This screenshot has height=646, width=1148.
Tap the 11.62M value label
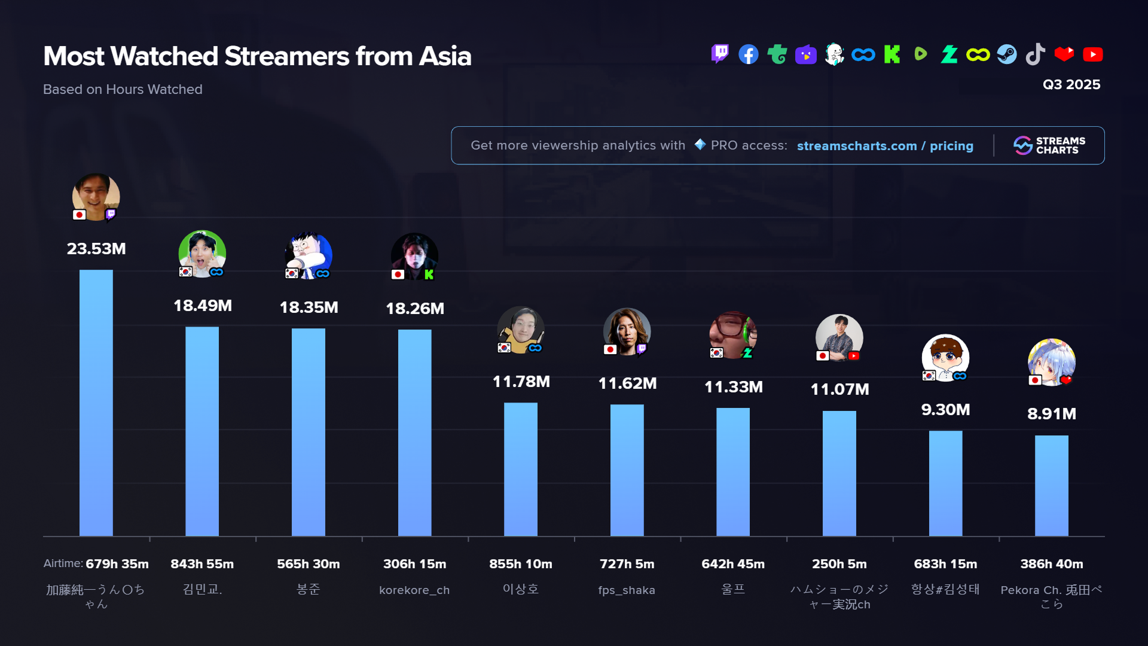pyautogui.click(x=627, y=383)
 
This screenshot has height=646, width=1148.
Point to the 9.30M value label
pyautogui.click(x=945, y=410)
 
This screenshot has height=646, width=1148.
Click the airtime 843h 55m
pyautogui.click(x=202, y=564)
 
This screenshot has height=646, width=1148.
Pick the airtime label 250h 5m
pyautogui.click(x=839, y=564)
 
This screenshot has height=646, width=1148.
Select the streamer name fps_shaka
pyautogui.click(x=627, y=590)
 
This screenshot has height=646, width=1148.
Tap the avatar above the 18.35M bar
pyautogui.click(x=309, y=255)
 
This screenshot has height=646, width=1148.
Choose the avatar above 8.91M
pyautogui.click(x=1051, y=362)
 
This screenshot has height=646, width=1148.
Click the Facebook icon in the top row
pyautogui.click(x=748, y=54)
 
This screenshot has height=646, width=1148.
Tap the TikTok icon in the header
pyautogui.click(x=1035, y=54)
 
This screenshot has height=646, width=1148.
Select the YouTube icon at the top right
pyautogui.click(x=1092, y=54)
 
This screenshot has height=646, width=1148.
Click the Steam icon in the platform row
pyautogui.click(x=1006, y=54)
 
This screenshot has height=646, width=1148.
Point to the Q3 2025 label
pyautogui.click(x=1071, y=84)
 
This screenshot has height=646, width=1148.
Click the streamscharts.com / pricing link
pyautogui.click(x=884, y=146)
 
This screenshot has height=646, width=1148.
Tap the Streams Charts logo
pyautogui.click(x=1049, y=145)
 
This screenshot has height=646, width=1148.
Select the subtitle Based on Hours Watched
pyautogui.click(x=123, y=89)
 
